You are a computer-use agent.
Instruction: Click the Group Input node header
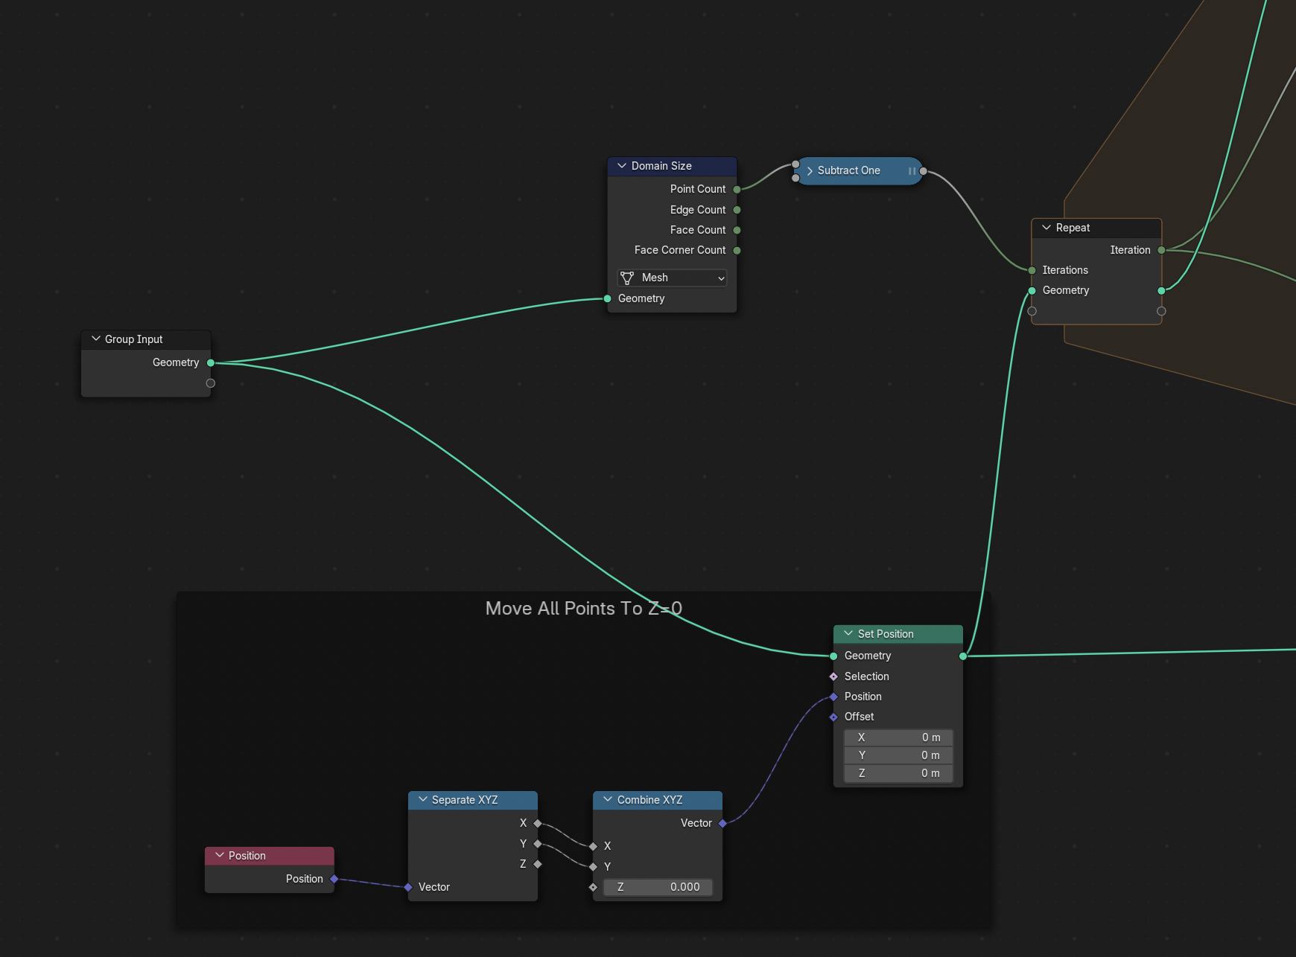pyautogui.click(x=146, y=339)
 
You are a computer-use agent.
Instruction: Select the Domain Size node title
pyautogui.click(x=661, y=166)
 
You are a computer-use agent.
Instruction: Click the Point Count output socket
pyautogui.click(x=737, y=189)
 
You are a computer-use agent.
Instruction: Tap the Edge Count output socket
pyautogui.click(x=737, y=210)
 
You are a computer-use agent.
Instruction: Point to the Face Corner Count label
pyautogui.click(x=680, y=250)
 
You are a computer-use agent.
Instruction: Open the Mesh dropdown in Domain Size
pyautogui.click(x=672, y=278)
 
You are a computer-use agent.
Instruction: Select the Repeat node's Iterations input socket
pyautogui.click(x=1032, y=270)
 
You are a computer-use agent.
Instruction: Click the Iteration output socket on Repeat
pyautogui.click(x=1161, y=250)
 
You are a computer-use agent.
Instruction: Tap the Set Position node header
pyautogui.click(x=898, y=634)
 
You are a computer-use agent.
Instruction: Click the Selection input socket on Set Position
pyautogui.click(x=833, y=676)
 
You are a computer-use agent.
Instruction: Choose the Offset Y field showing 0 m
pyautogui.click(x=898, y=755)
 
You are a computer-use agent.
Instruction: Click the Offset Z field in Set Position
pyautogui.click(x=898, y=773)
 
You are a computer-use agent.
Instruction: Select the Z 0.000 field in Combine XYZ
pyautogui.click(x=658, y=887)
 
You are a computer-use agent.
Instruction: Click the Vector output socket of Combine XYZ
pyautogui.click(x=722, y=823)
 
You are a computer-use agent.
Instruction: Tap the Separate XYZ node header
pyautogui.click(x=473, y=800)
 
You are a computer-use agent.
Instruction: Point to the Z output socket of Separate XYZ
pyautogui.click(x=538, y=864)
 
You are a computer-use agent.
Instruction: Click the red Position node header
pyautogui.click(x=270, y=856)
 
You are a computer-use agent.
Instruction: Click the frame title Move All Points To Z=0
pyautogui.click(x=584, y=609)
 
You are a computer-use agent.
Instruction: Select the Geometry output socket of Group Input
pyautogui.click(x=211, y=362)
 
